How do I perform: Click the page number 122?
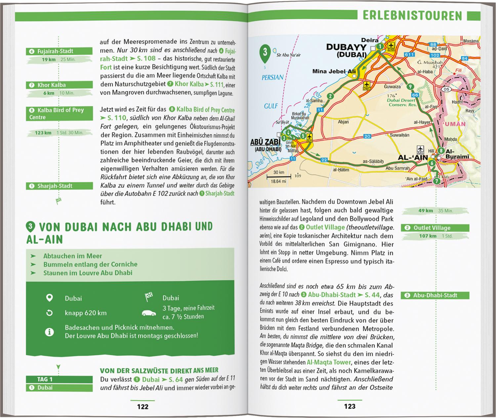point(143,406)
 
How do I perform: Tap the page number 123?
point(350,406)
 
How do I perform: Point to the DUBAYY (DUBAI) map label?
point(346,51)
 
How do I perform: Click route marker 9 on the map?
point(410,87)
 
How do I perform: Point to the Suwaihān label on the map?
point(399,135)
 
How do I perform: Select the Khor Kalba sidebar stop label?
point(51,85)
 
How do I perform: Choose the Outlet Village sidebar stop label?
point(432,228)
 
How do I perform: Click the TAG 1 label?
point(45,379)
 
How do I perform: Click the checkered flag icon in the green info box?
point(149,297)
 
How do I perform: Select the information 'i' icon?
point(49,332)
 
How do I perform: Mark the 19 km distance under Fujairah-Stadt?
point(49,60)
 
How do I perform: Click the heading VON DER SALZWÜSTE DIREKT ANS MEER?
point(159,371)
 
